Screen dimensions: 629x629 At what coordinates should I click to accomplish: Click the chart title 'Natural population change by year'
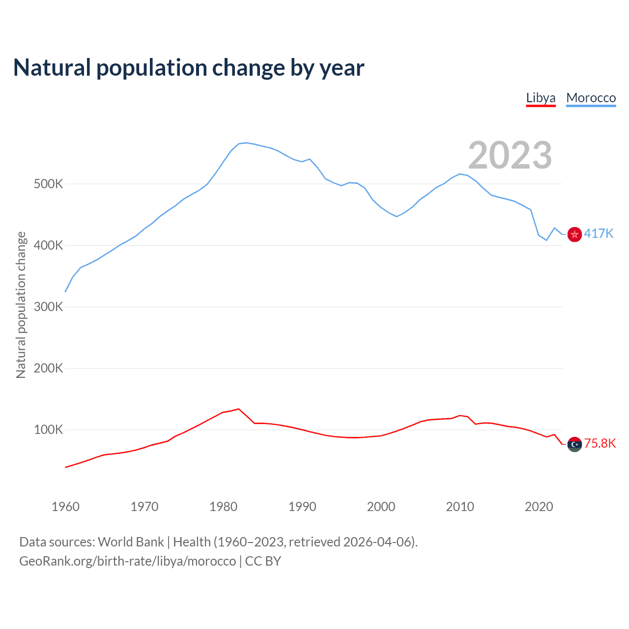tap(189, 68)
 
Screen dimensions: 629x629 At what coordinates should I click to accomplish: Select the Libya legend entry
tap(541, 98)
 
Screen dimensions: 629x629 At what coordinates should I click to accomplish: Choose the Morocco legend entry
tap(591, 98)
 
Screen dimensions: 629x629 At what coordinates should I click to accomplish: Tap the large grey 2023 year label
tap(510, 155)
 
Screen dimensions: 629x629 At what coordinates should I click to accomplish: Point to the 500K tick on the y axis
tap(48, 184)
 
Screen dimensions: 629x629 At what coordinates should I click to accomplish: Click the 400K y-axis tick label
tap(48, 246)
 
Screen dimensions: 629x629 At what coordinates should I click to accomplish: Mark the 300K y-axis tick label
tap(48, 307)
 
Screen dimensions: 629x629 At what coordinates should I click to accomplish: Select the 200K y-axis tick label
tap(48, 369)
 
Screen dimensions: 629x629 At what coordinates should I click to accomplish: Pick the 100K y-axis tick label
tap(48, 430)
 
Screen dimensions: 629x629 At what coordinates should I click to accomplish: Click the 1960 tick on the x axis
tap(65, 507)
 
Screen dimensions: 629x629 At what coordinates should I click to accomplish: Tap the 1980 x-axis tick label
tap(223, 507)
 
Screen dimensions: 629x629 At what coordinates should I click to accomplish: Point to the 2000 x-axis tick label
tap(381, 507)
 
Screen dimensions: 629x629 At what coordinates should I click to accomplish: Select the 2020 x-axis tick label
tap(539, 507)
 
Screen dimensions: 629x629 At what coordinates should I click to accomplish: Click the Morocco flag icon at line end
tap(574, 234)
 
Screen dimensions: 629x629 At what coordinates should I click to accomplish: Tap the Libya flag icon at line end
tap(574, 444)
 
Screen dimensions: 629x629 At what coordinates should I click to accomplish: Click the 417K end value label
tap(599, 233)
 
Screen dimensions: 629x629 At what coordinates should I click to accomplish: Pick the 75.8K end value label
tap(600, 444)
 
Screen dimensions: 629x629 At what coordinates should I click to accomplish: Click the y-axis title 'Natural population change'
tap(21, 305)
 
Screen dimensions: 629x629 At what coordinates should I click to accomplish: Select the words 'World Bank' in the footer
tap(131, 542)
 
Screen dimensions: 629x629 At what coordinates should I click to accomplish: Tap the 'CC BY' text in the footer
tap(263, 561)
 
